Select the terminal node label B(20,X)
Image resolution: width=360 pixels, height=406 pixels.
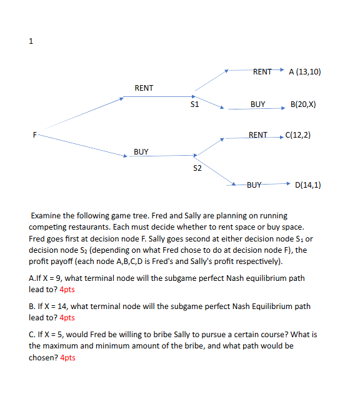(303, 104)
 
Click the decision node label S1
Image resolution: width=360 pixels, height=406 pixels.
(194, 104)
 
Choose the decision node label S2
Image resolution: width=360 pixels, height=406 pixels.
(197, 168)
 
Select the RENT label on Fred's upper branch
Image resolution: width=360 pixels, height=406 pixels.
(144, 88)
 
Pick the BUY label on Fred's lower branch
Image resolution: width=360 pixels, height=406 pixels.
(141, 152)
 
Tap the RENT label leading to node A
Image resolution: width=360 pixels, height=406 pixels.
(262, 71)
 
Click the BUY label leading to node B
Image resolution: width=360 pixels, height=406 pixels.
(257, 104)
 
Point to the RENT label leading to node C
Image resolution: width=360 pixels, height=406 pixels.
(257, 134)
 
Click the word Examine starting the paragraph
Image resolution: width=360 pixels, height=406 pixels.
(47, 216)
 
